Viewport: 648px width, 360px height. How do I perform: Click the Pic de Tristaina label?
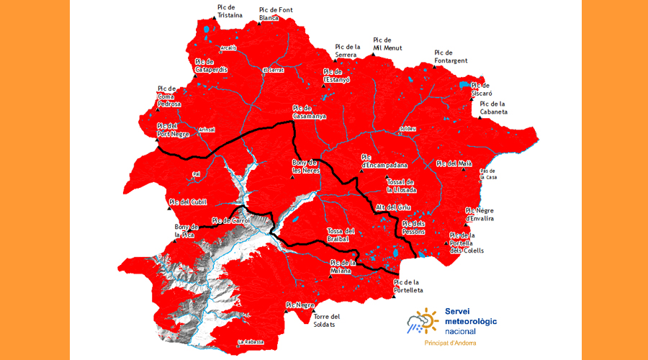pos(230,11)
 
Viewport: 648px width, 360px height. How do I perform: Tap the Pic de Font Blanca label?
pos(274,14)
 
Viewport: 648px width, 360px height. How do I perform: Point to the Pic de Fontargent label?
pos(453,55)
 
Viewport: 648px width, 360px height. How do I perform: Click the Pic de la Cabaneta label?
pos(494,108)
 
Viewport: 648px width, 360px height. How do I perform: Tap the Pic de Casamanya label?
pos(310,112)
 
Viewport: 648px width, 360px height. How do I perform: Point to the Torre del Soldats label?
pos(326,320)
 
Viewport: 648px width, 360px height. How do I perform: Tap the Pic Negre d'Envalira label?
pos(480,214)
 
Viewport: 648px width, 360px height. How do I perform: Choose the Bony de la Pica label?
pos(186,230)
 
